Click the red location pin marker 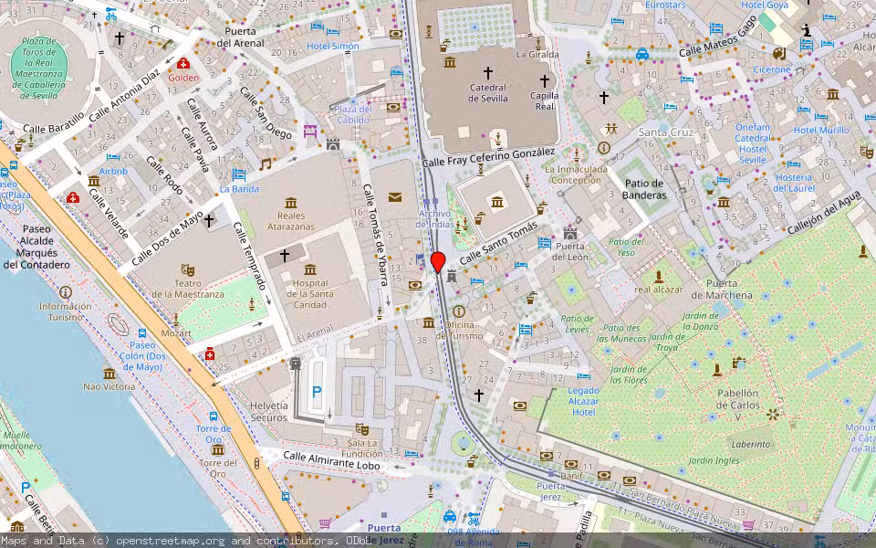(x=438, y=261)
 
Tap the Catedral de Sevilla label (x=487, y=93)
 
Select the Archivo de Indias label (x=434, y=218)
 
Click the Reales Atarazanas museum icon (x=290, y=202)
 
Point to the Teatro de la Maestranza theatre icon (x=188, y=269)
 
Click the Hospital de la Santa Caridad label (x=310, y=293)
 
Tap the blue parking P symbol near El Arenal (x=317, y=391)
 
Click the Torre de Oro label (x=213, y=434)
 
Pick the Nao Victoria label (x=109, y=386)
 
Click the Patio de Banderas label (x=644, y=189)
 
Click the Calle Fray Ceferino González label (x=489, y=157)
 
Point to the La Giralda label (x=537, y=55)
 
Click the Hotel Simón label (x=332, y=46)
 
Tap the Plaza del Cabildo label (x=353, y=114)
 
